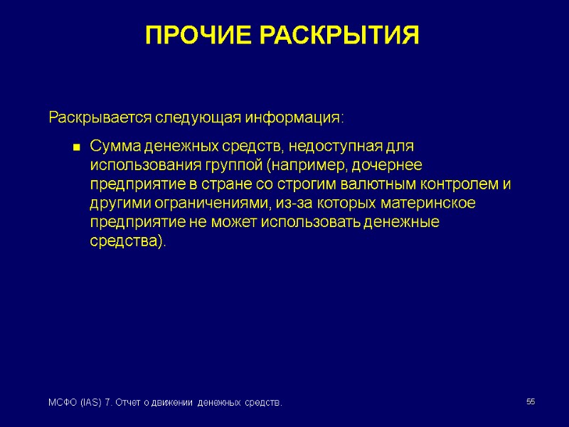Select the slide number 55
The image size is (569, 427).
click(x=531, y=403)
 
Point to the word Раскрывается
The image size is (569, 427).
click(x=92, y=117)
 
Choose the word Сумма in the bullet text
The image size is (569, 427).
click(x=115, y=147)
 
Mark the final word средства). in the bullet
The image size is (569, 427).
click(x=128, y=242)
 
